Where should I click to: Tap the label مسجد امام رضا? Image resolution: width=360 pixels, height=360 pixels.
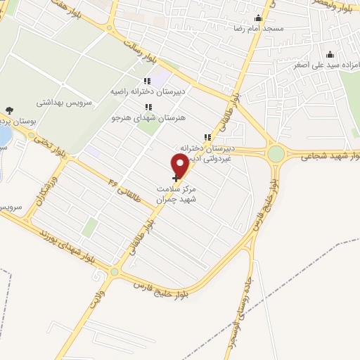point(258,30)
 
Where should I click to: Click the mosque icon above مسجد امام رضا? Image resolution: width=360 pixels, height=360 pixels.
point(258,19)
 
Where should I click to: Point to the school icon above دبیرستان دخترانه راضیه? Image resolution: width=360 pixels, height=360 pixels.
point(147,82)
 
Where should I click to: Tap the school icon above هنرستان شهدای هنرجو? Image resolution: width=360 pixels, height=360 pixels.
point(147,108)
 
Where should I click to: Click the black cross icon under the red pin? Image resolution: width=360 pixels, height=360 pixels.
point(175,179)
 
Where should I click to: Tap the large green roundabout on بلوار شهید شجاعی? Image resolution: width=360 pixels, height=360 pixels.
point(276,153)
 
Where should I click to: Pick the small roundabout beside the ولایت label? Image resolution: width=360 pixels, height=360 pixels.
point(114,271)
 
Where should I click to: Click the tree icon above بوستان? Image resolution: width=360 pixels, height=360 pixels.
point(8,110)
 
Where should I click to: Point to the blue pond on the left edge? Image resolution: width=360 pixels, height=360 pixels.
point(4,133)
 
